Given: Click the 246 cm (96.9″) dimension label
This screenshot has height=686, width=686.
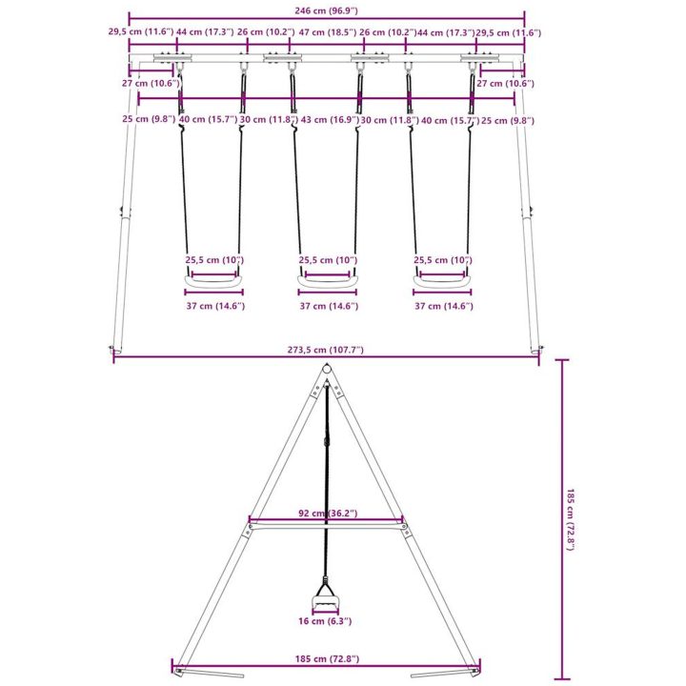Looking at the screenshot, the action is coord(326,10).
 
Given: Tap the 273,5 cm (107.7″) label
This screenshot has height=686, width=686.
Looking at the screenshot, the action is coord(326,350).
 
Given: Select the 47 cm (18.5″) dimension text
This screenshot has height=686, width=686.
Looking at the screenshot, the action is coord(327,32).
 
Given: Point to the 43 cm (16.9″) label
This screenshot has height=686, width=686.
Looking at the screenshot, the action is coord(330,119).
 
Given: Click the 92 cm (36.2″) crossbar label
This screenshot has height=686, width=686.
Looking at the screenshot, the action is coord(328,513).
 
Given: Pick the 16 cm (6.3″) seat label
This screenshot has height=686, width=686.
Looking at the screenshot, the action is coord(325,621).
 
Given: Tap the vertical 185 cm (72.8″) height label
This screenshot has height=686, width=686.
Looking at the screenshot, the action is coord(570,519).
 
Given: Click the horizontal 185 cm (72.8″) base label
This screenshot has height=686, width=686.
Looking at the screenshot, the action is coord(327,658).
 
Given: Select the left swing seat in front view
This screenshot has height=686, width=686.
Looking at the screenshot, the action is coord(213,282).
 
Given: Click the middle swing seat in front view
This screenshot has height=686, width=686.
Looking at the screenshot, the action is coord(327,282).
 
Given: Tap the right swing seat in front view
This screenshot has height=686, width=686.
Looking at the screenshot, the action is coord(442,282).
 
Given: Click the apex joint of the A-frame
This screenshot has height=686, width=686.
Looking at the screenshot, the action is coord(326,370).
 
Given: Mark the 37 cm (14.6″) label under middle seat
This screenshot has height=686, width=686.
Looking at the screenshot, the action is coord(329,306).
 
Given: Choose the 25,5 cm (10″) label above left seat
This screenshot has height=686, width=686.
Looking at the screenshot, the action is coord(214,260).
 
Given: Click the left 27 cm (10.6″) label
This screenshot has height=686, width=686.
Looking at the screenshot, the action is coord(151,83).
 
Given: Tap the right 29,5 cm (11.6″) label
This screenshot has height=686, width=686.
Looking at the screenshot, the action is coord(509,32).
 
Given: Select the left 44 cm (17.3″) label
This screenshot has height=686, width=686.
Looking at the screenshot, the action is coord(205,32).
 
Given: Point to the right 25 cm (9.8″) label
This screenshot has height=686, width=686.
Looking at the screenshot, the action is coord(508,120).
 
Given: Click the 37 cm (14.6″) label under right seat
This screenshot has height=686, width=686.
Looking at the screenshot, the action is coord(444,306).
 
